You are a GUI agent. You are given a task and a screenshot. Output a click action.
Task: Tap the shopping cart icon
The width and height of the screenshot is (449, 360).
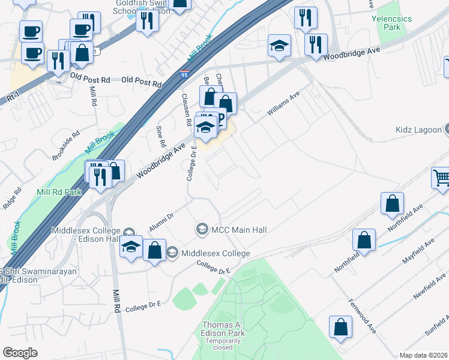click(x=441, y=177)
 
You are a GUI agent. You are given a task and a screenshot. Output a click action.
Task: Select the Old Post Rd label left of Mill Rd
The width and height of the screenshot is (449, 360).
click(x=90, y=78)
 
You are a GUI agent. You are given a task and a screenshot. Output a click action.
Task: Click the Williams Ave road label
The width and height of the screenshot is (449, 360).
click(x=283, y=104)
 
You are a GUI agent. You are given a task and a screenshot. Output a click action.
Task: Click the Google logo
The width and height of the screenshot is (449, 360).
click(x=20, y=353)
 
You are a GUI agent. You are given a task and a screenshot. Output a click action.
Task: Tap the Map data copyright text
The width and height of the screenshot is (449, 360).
click(x=424, y=355)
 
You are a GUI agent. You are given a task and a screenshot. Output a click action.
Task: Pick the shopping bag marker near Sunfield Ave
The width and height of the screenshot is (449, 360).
click(x=340, y=328)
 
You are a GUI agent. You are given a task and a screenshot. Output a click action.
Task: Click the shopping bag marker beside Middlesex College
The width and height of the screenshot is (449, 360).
click(x=154, y=250)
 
